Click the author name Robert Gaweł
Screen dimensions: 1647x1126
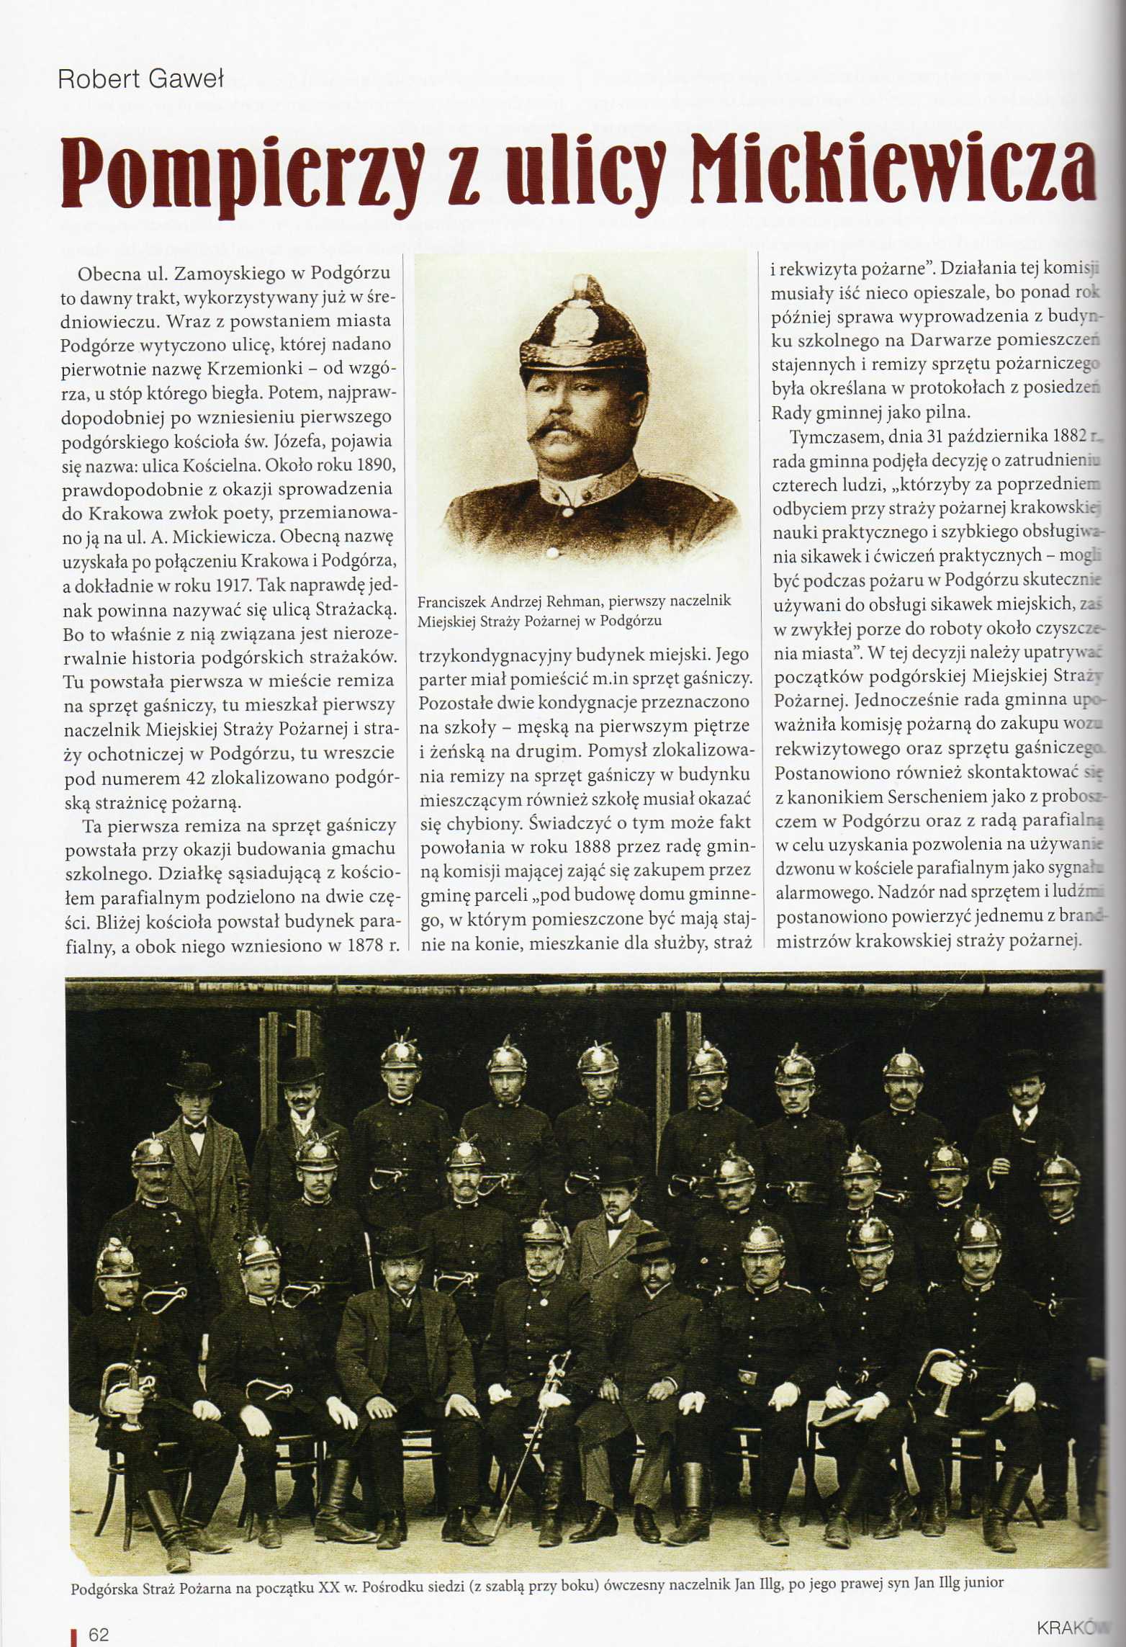140,78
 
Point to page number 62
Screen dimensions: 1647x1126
98,1629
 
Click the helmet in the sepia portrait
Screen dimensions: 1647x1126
584,328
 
